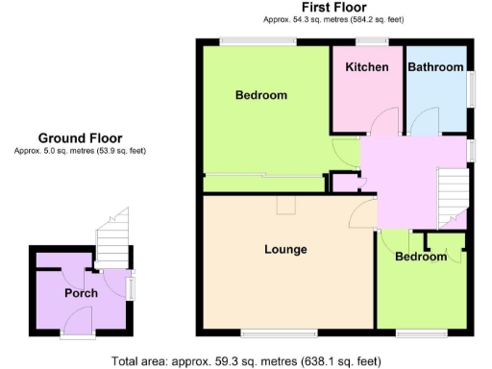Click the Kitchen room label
point(367,67)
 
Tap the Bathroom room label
point(435,67)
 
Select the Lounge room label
point(285,250)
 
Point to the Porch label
point(81,293)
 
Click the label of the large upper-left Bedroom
point(261,95)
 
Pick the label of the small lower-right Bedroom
point(421,258)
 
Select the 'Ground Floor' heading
point(80,138)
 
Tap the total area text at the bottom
point(246,361)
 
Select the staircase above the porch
point(112,236)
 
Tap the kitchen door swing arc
point(386,121)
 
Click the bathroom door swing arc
point(419,121)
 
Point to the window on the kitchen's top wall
point(371,40)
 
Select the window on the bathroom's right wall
point(472,92)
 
